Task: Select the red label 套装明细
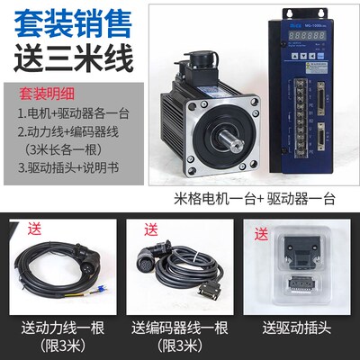49,92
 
